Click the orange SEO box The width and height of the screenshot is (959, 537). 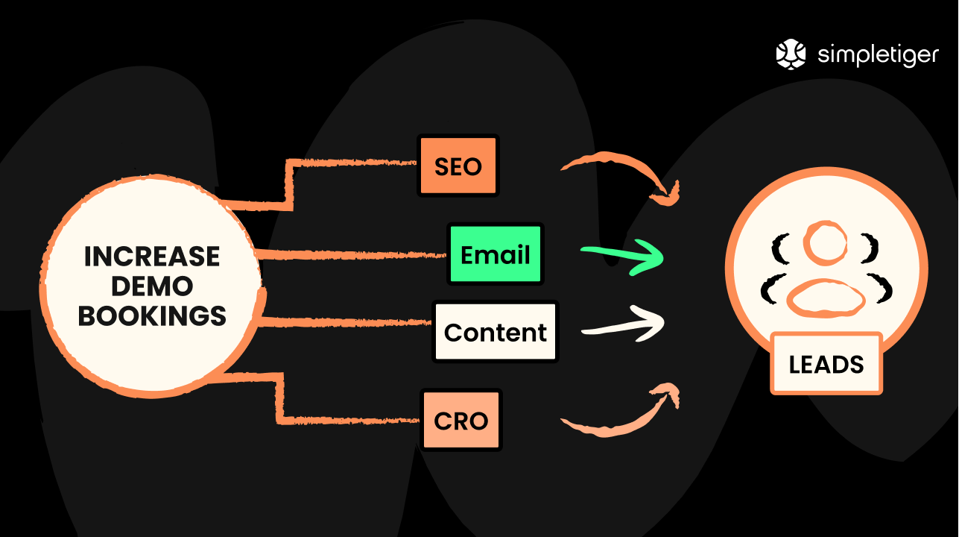pyautogui.click(x=458, y=166)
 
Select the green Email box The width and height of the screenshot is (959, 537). pyautogui.click(x=495, y=254)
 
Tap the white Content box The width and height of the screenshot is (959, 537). pyautogui.click(x=495, y=332)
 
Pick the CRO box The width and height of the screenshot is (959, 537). pyautogui.click(x=460, y=421)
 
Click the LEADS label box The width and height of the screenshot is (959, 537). pyautogui.click(x=826, y=364)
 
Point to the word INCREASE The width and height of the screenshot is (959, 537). pyautogui.click(x=152, y=257)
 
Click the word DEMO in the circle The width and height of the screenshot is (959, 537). pyautogui.click(x=152, y=286)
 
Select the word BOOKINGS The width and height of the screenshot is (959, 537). pyautogui.click(x=152, y=315)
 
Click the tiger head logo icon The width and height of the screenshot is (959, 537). pyautogui.click(x=791, y=54)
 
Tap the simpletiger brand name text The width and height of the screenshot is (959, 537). pyautogui.click(x=878, y=55)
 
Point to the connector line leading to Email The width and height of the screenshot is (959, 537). pyautogui.click(x=350, y=254)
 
